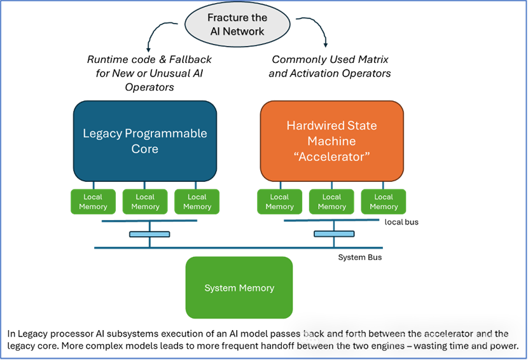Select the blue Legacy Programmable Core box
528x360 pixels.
coord(145,141)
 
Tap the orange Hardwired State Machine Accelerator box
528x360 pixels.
coord(331,141)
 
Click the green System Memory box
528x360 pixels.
coord(239,287)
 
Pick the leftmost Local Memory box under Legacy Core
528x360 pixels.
coord(93,202)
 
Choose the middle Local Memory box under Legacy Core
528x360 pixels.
coord(145,202)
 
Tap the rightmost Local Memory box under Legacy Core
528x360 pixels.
coord(197,202)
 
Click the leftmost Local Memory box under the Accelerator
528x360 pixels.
coord(279,202)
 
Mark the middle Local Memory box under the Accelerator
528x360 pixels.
coord(331,202)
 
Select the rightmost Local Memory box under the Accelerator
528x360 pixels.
coord(384,202)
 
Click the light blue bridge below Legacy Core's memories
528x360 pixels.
coord(149,234)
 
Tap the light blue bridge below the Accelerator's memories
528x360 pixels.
coord(334,234)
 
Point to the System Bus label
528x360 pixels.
coord(360,257)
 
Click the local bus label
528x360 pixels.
coord(401,222)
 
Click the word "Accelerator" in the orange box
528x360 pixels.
coord(331,156)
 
